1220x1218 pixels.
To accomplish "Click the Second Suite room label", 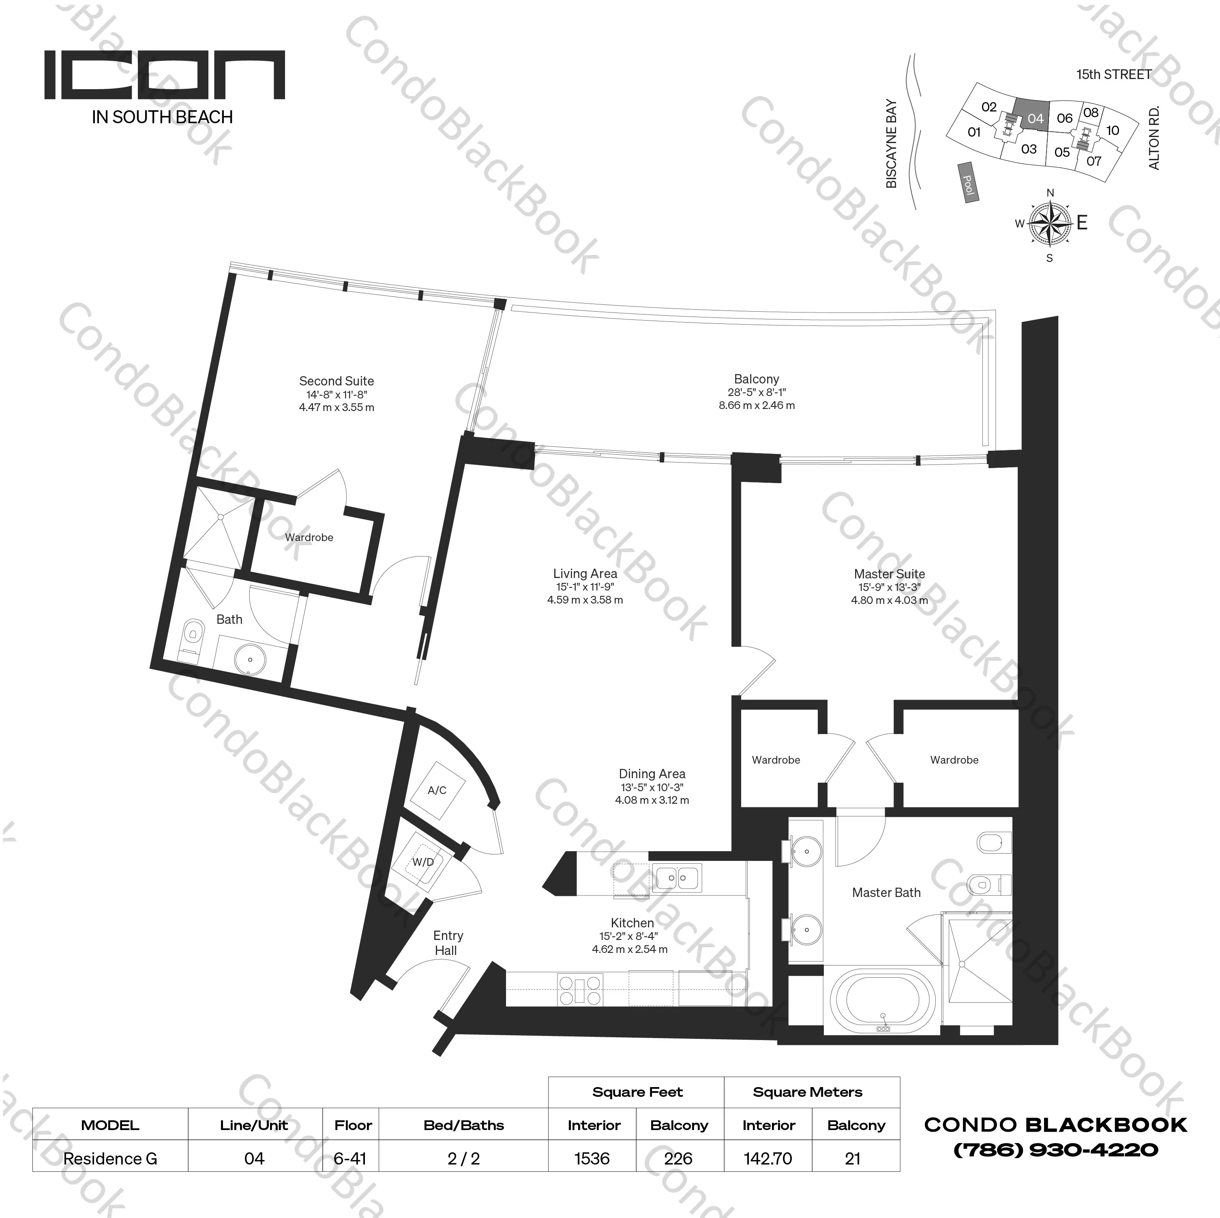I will click(336, 381).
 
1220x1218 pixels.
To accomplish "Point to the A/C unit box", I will click(437, 790).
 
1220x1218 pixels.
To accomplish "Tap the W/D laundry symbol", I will click(423, 862).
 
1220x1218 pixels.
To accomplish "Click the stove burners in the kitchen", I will click(580, 989).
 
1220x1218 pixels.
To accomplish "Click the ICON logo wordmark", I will click(164, 76).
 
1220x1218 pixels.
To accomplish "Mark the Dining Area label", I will click(652, 773).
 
